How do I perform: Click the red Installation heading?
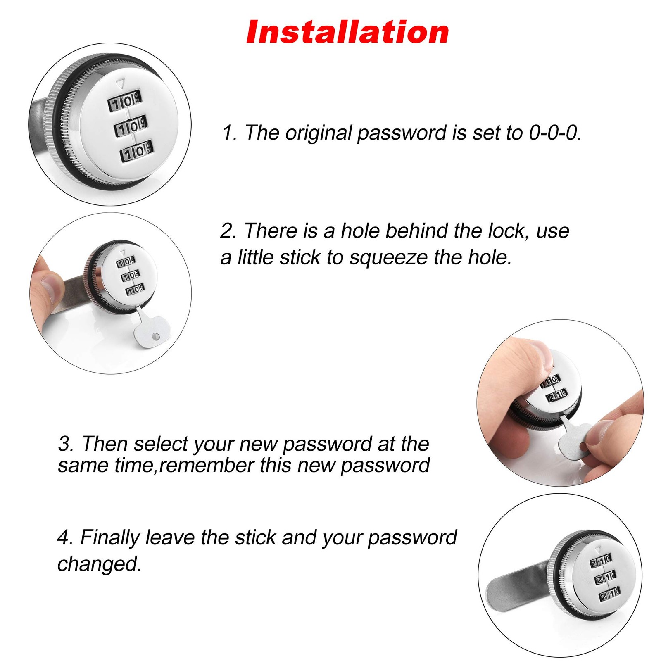point(347,32)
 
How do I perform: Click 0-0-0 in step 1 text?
point(555,133)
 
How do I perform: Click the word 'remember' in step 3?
point(207,466)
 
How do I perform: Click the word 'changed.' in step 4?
point(99,564)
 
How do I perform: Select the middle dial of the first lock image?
point(131,126)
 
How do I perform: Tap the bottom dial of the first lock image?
point(137,151)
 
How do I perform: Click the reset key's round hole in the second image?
point(156,337)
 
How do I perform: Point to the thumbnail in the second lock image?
point(49,284)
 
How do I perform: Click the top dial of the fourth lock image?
point(601,561)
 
